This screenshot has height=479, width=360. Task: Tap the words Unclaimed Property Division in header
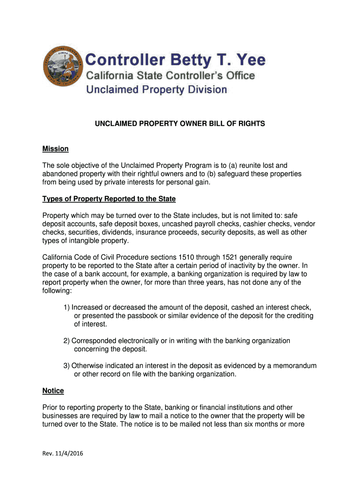coord(157,89)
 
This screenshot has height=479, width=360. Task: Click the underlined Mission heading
coord(56,149)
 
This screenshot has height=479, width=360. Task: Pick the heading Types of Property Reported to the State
coord(109,199)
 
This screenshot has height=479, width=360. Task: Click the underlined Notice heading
coord(53,391)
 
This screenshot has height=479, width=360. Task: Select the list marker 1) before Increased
coord(67,307)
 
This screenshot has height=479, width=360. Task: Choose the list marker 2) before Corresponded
coord(67,341)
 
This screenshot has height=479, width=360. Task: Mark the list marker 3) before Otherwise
coord(67,366)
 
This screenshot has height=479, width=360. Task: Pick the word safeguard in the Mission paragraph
coord(235,174)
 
